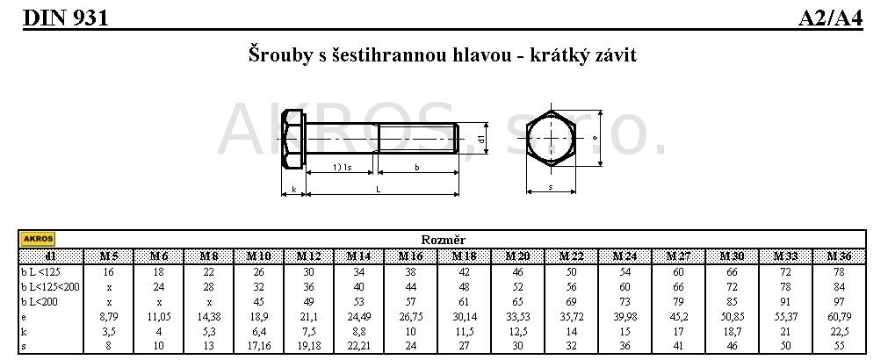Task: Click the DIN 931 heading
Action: click(65, 18)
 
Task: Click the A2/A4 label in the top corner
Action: click(831, 18)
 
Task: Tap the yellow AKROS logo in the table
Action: click(38, 239)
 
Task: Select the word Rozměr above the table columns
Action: click(443, 240)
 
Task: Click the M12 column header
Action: click(308, 256)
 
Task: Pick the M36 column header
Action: click(839, 256)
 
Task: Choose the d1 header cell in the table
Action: click(50, 256)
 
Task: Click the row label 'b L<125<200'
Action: click(50, 286)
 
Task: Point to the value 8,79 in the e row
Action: click(108, 317)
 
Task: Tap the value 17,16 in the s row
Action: click(258, 346)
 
